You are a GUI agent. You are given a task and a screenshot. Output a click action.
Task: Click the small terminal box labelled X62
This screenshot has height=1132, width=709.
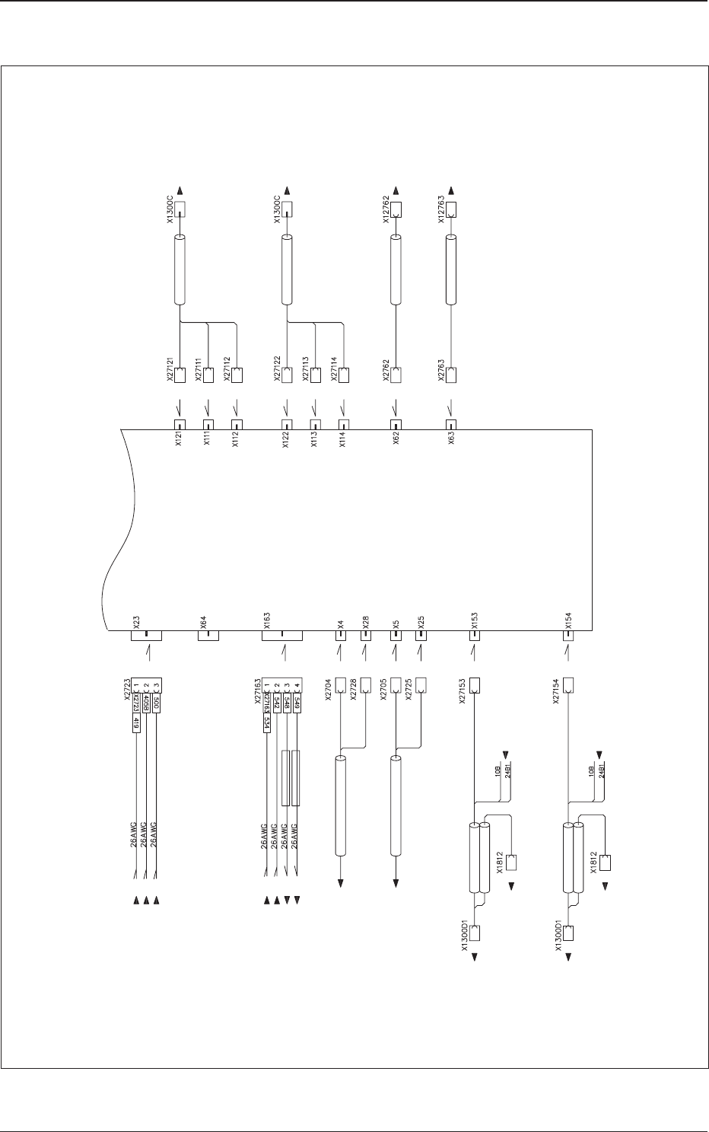(x=396, y=425)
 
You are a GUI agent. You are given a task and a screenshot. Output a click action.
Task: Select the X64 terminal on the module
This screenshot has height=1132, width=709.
(x=208, y=635)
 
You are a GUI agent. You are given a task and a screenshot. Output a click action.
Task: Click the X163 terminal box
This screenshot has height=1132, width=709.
(x=282, y=635)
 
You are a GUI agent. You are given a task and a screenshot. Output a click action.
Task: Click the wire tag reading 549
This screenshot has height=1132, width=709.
(x=297, y=703)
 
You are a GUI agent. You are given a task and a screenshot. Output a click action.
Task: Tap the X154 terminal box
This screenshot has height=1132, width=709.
(x=568, y=635)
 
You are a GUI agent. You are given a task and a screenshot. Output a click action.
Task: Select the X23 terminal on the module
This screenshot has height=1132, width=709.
(x=146, y=635)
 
